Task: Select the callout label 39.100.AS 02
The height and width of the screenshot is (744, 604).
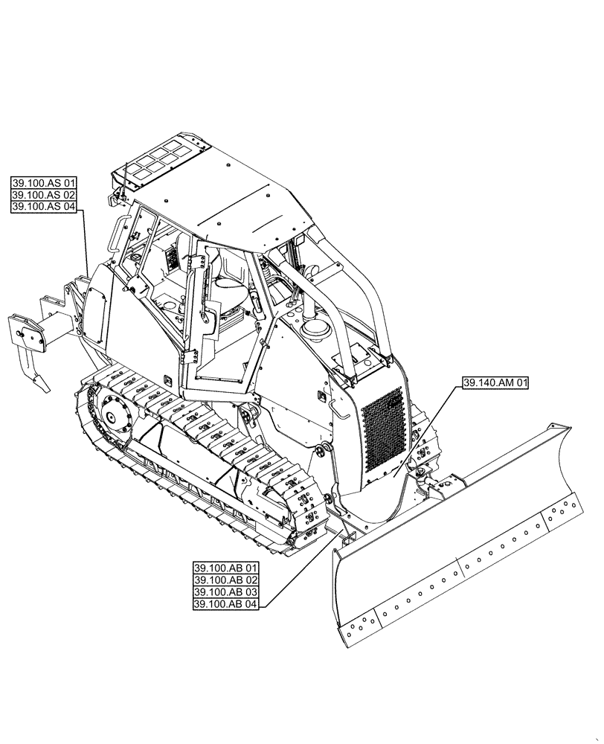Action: point(45,195)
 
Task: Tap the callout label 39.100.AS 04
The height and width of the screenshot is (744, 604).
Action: point(45,208)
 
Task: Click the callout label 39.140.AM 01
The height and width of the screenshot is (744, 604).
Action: point(496,384)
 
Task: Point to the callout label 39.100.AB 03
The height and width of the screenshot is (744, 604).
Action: point(225,593)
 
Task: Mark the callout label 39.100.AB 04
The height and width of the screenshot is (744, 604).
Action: point(225,605)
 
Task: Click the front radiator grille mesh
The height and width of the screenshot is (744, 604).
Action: point(382,432)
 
